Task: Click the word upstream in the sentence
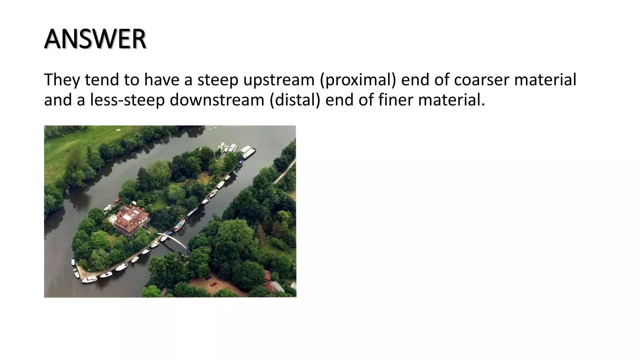coord(278,80)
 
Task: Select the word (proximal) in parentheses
coord(357,80)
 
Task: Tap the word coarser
coord(481,80)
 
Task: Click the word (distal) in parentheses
coord(295,100)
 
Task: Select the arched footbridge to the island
coord(173,240)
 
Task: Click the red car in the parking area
coord(213,284)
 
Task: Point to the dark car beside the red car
coord(207,277)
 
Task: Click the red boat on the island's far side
coord(117,201)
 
